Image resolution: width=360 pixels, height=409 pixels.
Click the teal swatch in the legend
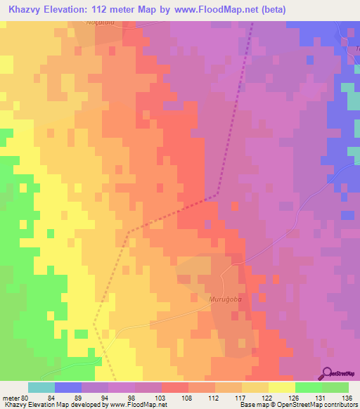click(41, 387)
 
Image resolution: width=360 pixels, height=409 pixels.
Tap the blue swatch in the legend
click(68, 387)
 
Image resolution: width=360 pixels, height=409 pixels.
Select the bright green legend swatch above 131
click(309, 387)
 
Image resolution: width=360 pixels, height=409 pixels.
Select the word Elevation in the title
click(74, 11)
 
